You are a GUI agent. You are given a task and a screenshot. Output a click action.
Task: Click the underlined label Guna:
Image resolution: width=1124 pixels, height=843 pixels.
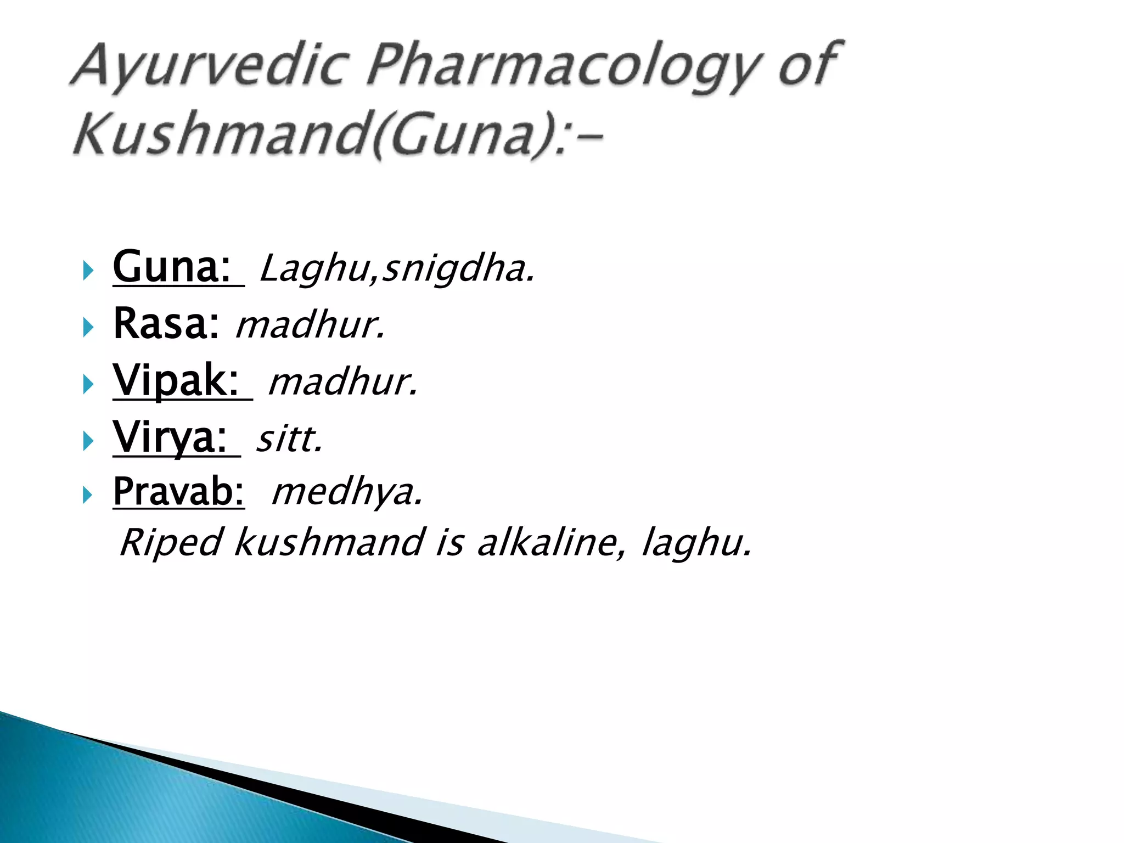(x=172, y=267)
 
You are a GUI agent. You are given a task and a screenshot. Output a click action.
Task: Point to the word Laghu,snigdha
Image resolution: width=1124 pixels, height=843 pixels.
(x=397, y=269)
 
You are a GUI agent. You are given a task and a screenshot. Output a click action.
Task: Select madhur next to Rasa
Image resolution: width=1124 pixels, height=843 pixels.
(x=310, y=325)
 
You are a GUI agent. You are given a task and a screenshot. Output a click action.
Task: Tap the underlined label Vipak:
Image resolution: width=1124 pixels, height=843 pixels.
(x=177, y=381)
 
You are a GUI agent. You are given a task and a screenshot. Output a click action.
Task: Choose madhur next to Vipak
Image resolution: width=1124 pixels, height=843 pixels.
(x=343, y=382)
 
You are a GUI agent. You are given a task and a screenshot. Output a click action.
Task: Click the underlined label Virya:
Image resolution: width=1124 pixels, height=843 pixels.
(x=171, y=437)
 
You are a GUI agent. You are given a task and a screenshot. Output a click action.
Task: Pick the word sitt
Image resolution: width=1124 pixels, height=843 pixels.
(x=290, y=439)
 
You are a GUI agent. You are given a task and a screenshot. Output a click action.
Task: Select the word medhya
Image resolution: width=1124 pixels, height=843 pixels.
(x=347, y=492)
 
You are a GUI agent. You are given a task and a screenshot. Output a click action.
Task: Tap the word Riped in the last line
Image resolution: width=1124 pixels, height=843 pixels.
(x=170, y=543)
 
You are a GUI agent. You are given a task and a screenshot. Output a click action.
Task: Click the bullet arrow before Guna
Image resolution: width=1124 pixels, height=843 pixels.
(x=88, y=270)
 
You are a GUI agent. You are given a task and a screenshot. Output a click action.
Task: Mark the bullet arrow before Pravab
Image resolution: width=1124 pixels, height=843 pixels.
(x=88, y=495)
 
